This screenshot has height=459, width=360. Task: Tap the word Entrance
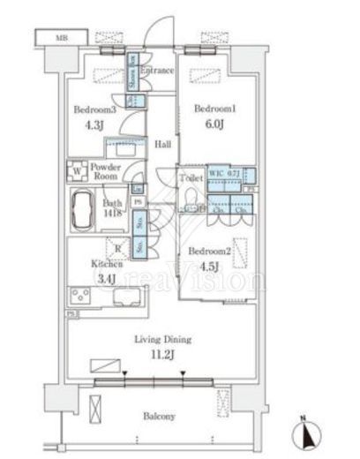[156, 71]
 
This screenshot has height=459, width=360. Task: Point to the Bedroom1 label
[211, 108]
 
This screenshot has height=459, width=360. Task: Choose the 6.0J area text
[211, 124]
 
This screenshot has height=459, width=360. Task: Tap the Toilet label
[191, 177]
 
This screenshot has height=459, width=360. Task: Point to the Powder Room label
[106, 171]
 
